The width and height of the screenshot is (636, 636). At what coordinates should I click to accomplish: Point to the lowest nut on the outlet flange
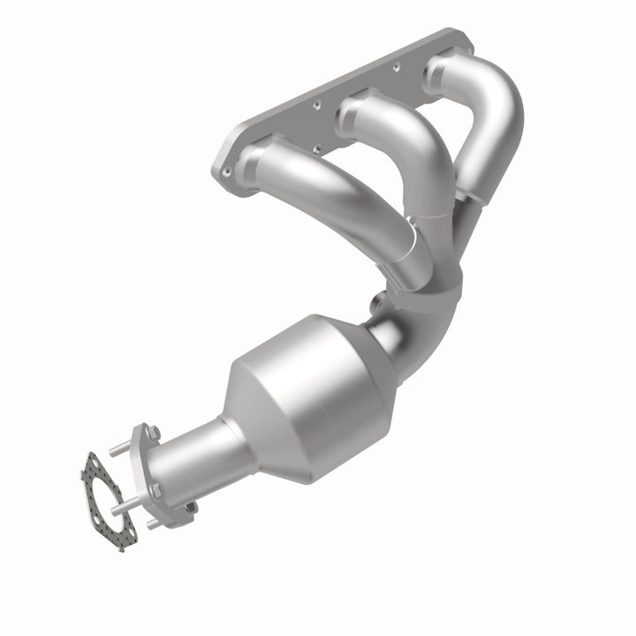click(x=188, y=507)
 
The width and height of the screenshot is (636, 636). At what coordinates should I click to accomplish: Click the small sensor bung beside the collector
click(x=378, y=300)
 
